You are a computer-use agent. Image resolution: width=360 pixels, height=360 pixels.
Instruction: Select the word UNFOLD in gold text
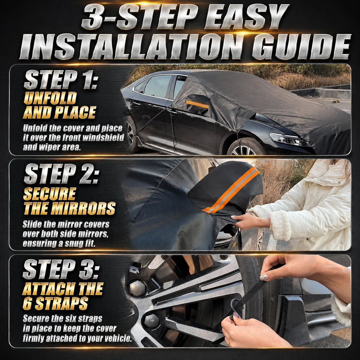[50, 98]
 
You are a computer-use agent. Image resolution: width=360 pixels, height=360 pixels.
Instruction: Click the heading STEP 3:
[60, 269]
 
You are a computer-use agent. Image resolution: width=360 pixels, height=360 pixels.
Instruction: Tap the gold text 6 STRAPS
[55, 304]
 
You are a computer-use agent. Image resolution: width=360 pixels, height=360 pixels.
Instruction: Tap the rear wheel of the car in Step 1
[131, 134]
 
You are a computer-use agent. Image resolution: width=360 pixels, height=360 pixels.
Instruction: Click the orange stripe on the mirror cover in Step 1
[197, 104]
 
